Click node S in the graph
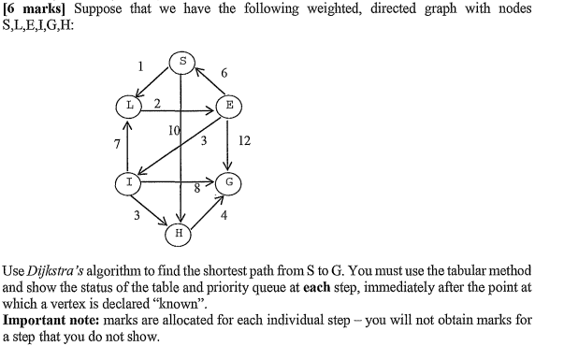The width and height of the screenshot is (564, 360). coord(183,63)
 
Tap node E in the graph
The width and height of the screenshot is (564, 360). coord(228,105)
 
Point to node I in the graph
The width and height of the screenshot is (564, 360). coord(127,181)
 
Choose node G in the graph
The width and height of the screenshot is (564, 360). coord(228,181)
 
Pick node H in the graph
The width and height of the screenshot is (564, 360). coord(181,229)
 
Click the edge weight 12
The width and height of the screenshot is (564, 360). coord(245,140)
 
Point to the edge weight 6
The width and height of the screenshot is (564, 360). coord(224,73)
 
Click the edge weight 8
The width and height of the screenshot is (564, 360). coord(196,188)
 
